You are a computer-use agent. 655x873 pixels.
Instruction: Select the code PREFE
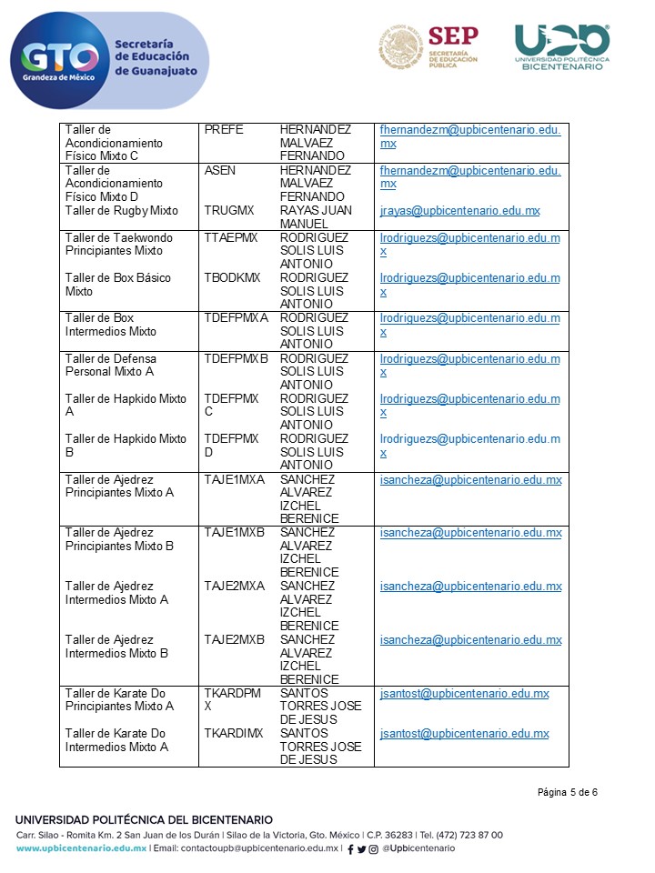pyautogui.click(x=224, y=130)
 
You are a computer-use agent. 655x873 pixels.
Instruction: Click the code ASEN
pyautogui.click(x=220, y=170)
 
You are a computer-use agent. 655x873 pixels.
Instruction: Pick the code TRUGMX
pyautogui.click(x=229, y=211)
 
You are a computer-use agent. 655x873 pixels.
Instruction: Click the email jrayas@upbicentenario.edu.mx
pyautogui.click(x=459, y=211)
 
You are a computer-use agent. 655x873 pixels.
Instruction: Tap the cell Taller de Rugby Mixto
pyautogui.click(x=121, y=211)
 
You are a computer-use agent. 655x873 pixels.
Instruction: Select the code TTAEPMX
pyautogui.click(x=231, y=237)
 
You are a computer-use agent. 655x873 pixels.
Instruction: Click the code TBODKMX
pyautogui.click(x=232, y=277)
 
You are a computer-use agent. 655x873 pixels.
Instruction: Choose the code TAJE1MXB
pyautogui.click(x=234, y=532)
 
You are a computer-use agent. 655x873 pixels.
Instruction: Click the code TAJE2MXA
pyautogui.click(x=234, y=586)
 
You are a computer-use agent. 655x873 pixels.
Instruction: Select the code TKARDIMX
pyautogui.click(x=233, y=733)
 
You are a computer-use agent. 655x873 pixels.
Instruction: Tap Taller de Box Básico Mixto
pyautogui.click(x=117, y=284)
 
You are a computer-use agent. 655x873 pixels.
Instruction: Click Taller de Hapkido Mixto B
pyautogui.click(x=126, y=445)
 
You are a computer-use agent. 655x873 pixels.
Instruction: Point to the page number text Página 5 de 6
pyautogui.click(x=567, y=792)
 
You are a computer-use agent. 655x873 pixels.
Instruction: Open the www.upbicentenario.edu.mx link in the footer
pyautogui.click(x=81, y=848)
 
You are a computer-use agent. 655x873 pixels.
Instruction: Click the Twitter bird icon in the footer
pyautogui.click(x=362, y=849)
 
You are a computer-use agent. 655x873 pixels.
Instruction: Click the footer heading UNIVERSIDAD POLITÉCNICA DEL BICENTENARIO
pyautogui.click(x=144, y=820)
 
